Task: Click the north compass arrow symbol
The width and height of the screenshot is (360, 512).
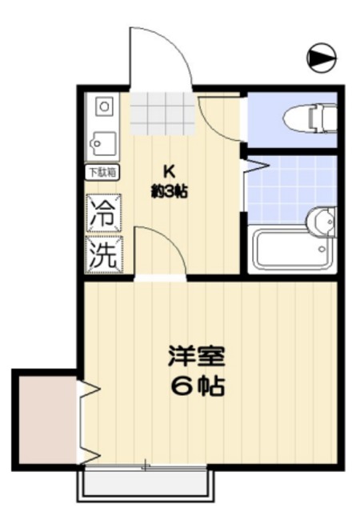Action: click(x=321, y=57)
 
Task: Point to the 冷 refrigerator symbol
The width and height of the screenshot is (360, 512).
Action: click(x=104, y=214)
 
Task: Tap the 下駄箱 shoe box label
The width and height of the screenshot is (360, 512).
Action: click(x=102, y=171)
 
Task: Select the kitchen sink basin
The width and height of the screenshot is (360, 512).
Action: click(x=103, y=143)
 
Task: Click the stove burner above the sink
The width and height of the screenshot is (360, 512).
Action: click(x=103, y=106)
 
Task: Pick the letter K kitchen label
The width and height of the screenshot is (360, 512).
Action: click(x=170, y=170)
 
